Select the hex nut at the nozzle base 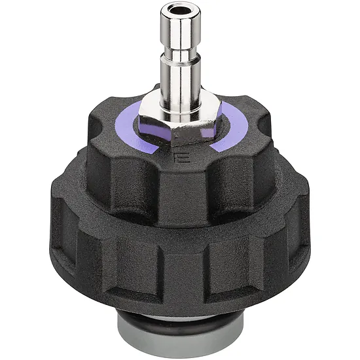click(x=180, y=124)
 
